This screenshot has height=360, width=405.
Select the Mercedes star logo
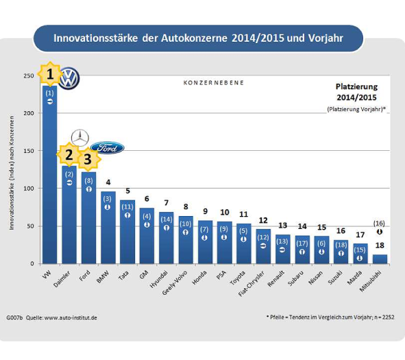(81, 137)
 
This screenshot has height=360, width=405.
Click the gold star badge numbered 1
(50, 73)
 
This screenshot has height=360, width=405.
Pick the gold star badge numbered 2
(69, 154)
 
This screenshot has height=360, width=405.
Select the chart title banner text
(198, 38)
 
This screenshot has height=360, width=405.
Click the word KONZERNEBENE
(214, 82)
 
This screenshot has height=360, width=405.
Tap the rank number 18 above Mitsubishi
(379, 245)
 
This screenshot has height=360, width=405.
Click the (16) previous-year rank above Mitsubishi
(379, 223)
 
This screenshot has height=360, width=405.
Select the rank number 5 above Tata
(127, 192)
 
